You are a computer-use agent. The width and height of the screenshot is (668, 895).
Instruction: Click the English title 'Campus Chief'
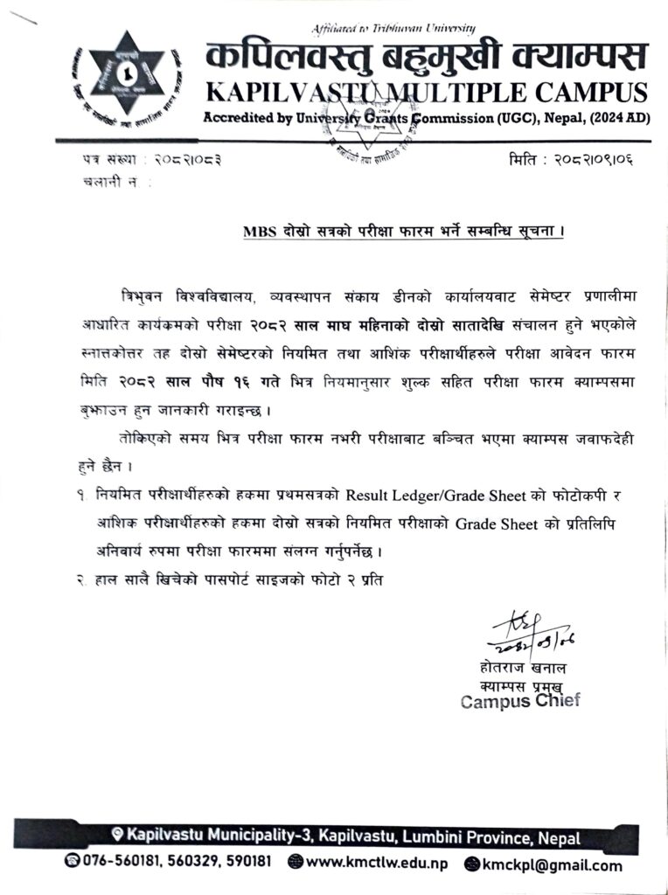pos(520,701)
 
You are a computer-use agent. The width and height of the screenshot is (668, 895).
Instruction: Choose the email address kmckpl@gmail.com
pos(551,865)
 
